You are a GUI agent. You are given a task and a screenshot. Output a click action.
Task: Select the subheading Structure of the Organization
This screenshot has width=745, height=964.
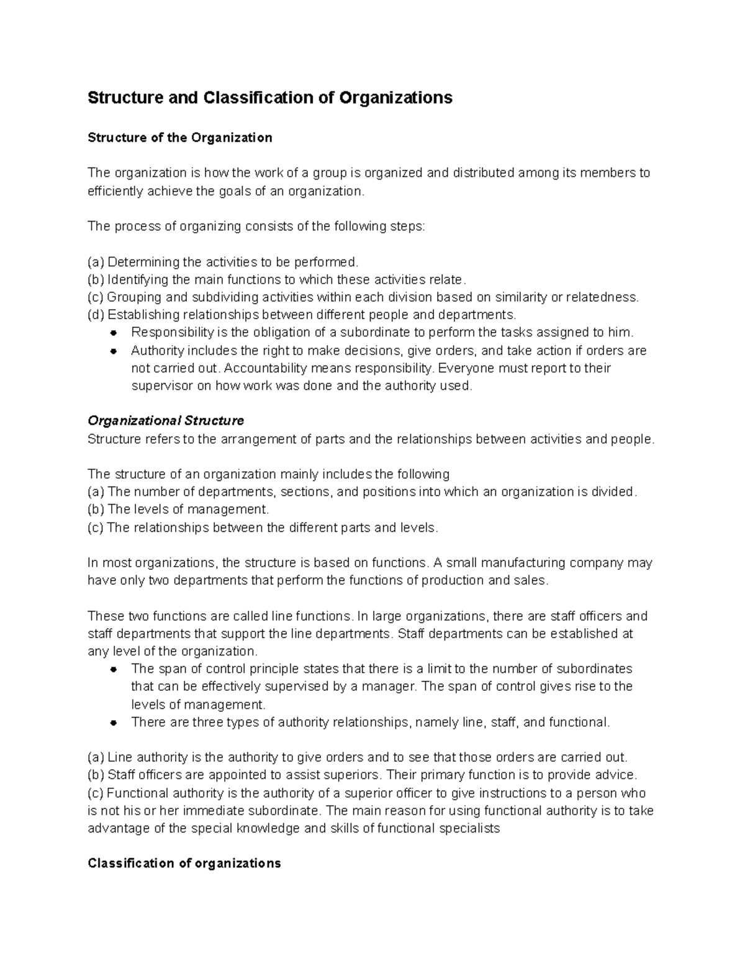[x=180, y=138]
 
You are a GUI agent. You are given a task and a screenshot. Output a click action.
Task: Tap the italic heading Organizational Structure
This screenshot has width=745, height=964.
[x=166, y=421]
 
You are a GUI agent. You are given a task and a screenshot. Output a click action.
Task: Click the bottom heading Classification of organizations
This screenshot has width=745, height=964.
[x=184, y=863]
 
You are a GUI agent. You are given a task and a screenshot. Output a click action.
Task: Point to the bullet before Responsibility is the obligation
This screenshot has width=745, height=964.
[x=114, y=333]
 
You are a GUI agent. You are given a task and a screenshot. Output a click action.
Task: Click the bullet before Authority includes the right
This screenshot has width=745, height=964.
[x=114, y=351]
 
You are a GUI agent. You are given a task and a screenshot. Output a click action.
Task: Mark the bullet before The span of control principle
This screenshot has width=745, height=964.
[x=114, y=669]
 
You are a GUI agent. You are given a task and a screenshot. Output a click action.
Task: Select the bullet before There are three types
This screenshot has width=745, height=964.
[x=114, y=723]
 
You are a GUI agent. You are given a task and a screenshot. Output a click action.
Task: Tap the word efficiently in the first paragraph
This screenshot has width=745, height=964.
[x=115, y=191]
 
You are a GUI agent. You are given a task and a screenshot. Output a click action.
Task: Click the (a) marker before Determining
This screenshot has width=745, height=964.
[x=96, y=262]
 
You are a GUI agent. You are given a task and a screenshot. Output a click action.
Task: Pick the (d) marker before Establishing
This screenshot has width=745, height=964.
[x=96, y=315]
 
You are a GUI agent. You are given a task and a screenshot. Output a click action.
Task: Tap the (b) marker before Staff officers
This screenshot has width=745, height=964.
[x=96, y=775]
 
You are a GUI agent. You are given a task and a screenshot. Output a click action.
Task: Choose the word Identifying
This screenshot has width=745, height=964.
[x=138, y=279]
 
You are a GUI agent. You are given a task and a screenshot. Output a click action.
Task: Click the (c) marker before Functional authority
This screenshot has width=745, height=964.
[x=96, y=793]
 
